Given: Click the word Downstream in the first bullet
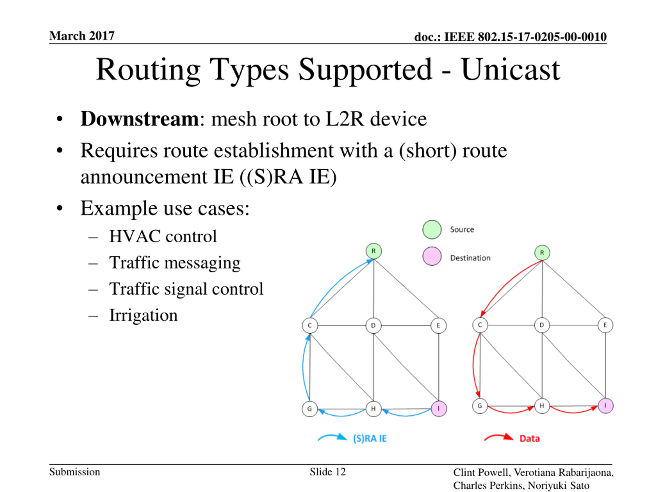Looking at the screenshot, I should pyautogui.click(x=139, y=119).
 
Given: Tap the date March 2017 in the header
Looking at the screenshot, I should pyautogui.click(x=82, y=36).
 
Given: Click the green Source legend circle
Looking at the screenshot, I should pyautogui.click(x=432, y=230).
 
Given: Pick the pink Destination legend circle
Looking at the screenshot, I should pyautogui.click(x=432, y=256).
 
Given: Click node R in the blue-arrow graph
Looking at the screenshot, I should pyautogui.click(x=373, y=251).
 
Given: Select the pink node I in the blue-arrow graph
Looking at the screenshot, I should pyautogui.click(x=439, y=409).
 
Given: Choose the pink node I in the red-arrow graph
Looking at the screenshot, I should pyautogui.click(x=606, y=406).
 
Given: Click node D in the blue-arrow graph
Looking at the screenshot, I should pyautogui.click(x=373, y=326).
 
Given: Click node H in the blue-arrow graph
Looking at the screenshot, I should pyautogui.click(x=373, y=409).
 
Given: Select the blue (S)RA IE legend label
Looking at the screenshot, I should pyautogui.click(x=370, y=438).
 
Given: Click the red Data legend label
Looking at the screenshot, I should pyautogui.click(x=529, y=438).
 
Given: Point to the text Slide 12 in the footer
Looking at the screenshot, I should pyautogui.click(x=328, y=472).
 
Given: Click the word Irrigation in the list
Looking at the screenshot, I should pyautogui.click(x=143, y=315).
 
